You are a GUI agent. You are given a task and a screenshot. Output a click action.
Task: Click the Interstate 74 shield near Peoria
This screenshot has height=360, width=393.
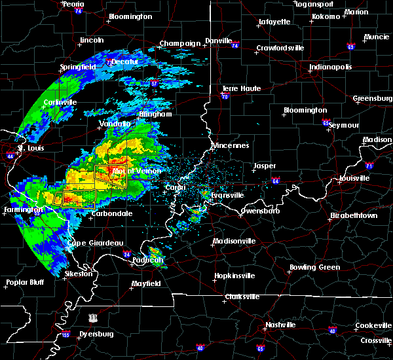tap(78, 11)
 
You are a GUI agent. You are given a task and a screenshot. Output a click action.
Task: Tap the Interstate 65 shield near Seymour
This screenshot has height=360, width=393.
tap(326, 122)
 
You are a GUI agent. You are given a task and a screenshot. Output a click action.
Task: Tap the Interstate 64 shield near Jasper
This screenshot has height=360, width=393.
tap(276, 181)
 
